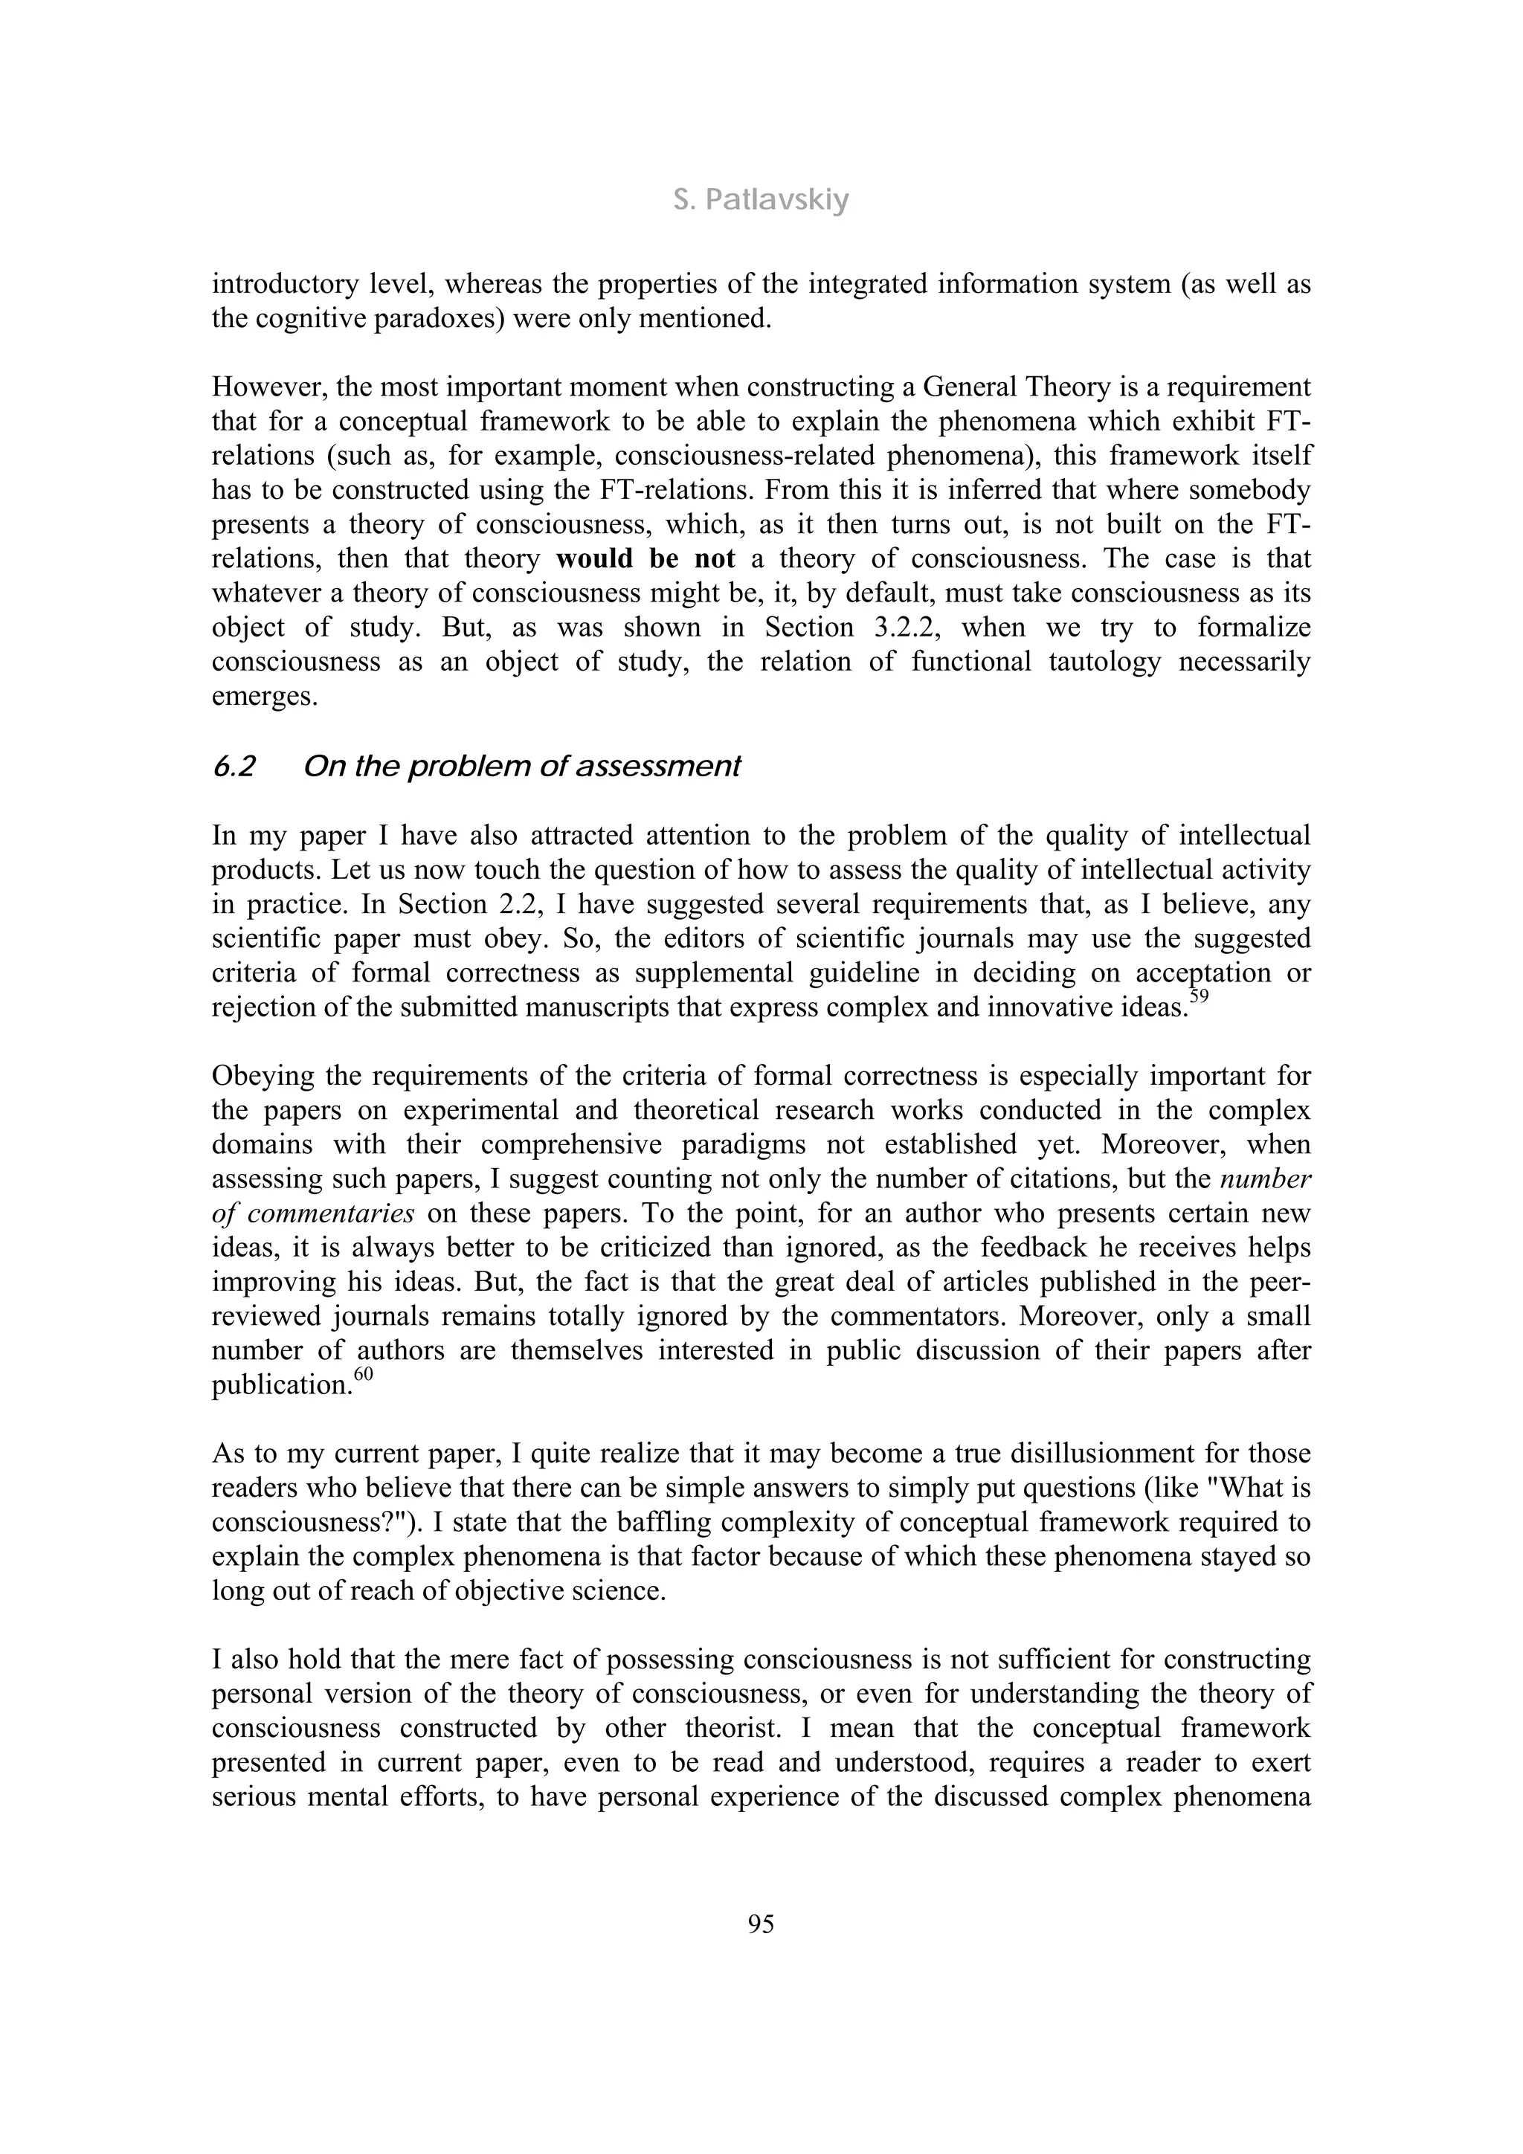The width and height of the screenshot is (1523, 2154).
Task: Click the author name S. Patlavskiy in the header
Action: pos(761,201)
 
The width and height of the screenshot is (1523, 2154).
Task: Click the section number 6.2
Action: pos(234,767)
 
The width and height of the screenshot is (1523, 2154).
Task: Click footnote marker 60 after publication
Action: pos(351,1376)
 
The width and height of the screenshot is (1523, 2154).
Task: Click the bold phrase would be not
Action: pos(645,559)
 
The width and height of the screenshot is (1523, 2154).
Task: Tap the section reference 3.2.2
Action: pos(875,628)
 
